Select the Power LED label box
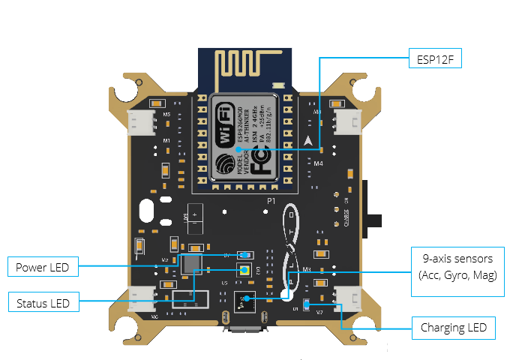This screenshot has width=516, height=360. click(x=43, y=266)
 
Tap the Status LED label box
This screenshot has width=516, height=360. click(x=43, y=304)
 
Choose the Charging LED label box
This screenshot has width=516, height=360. click(x=454, y=327)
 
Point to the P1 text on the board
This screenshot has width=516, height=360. click(x=272, y=202)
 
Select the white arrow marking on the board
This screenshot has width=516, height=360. click(x=308, y=139)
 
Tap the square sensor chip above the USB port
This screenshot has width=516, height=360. click(x=244, y=301)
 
